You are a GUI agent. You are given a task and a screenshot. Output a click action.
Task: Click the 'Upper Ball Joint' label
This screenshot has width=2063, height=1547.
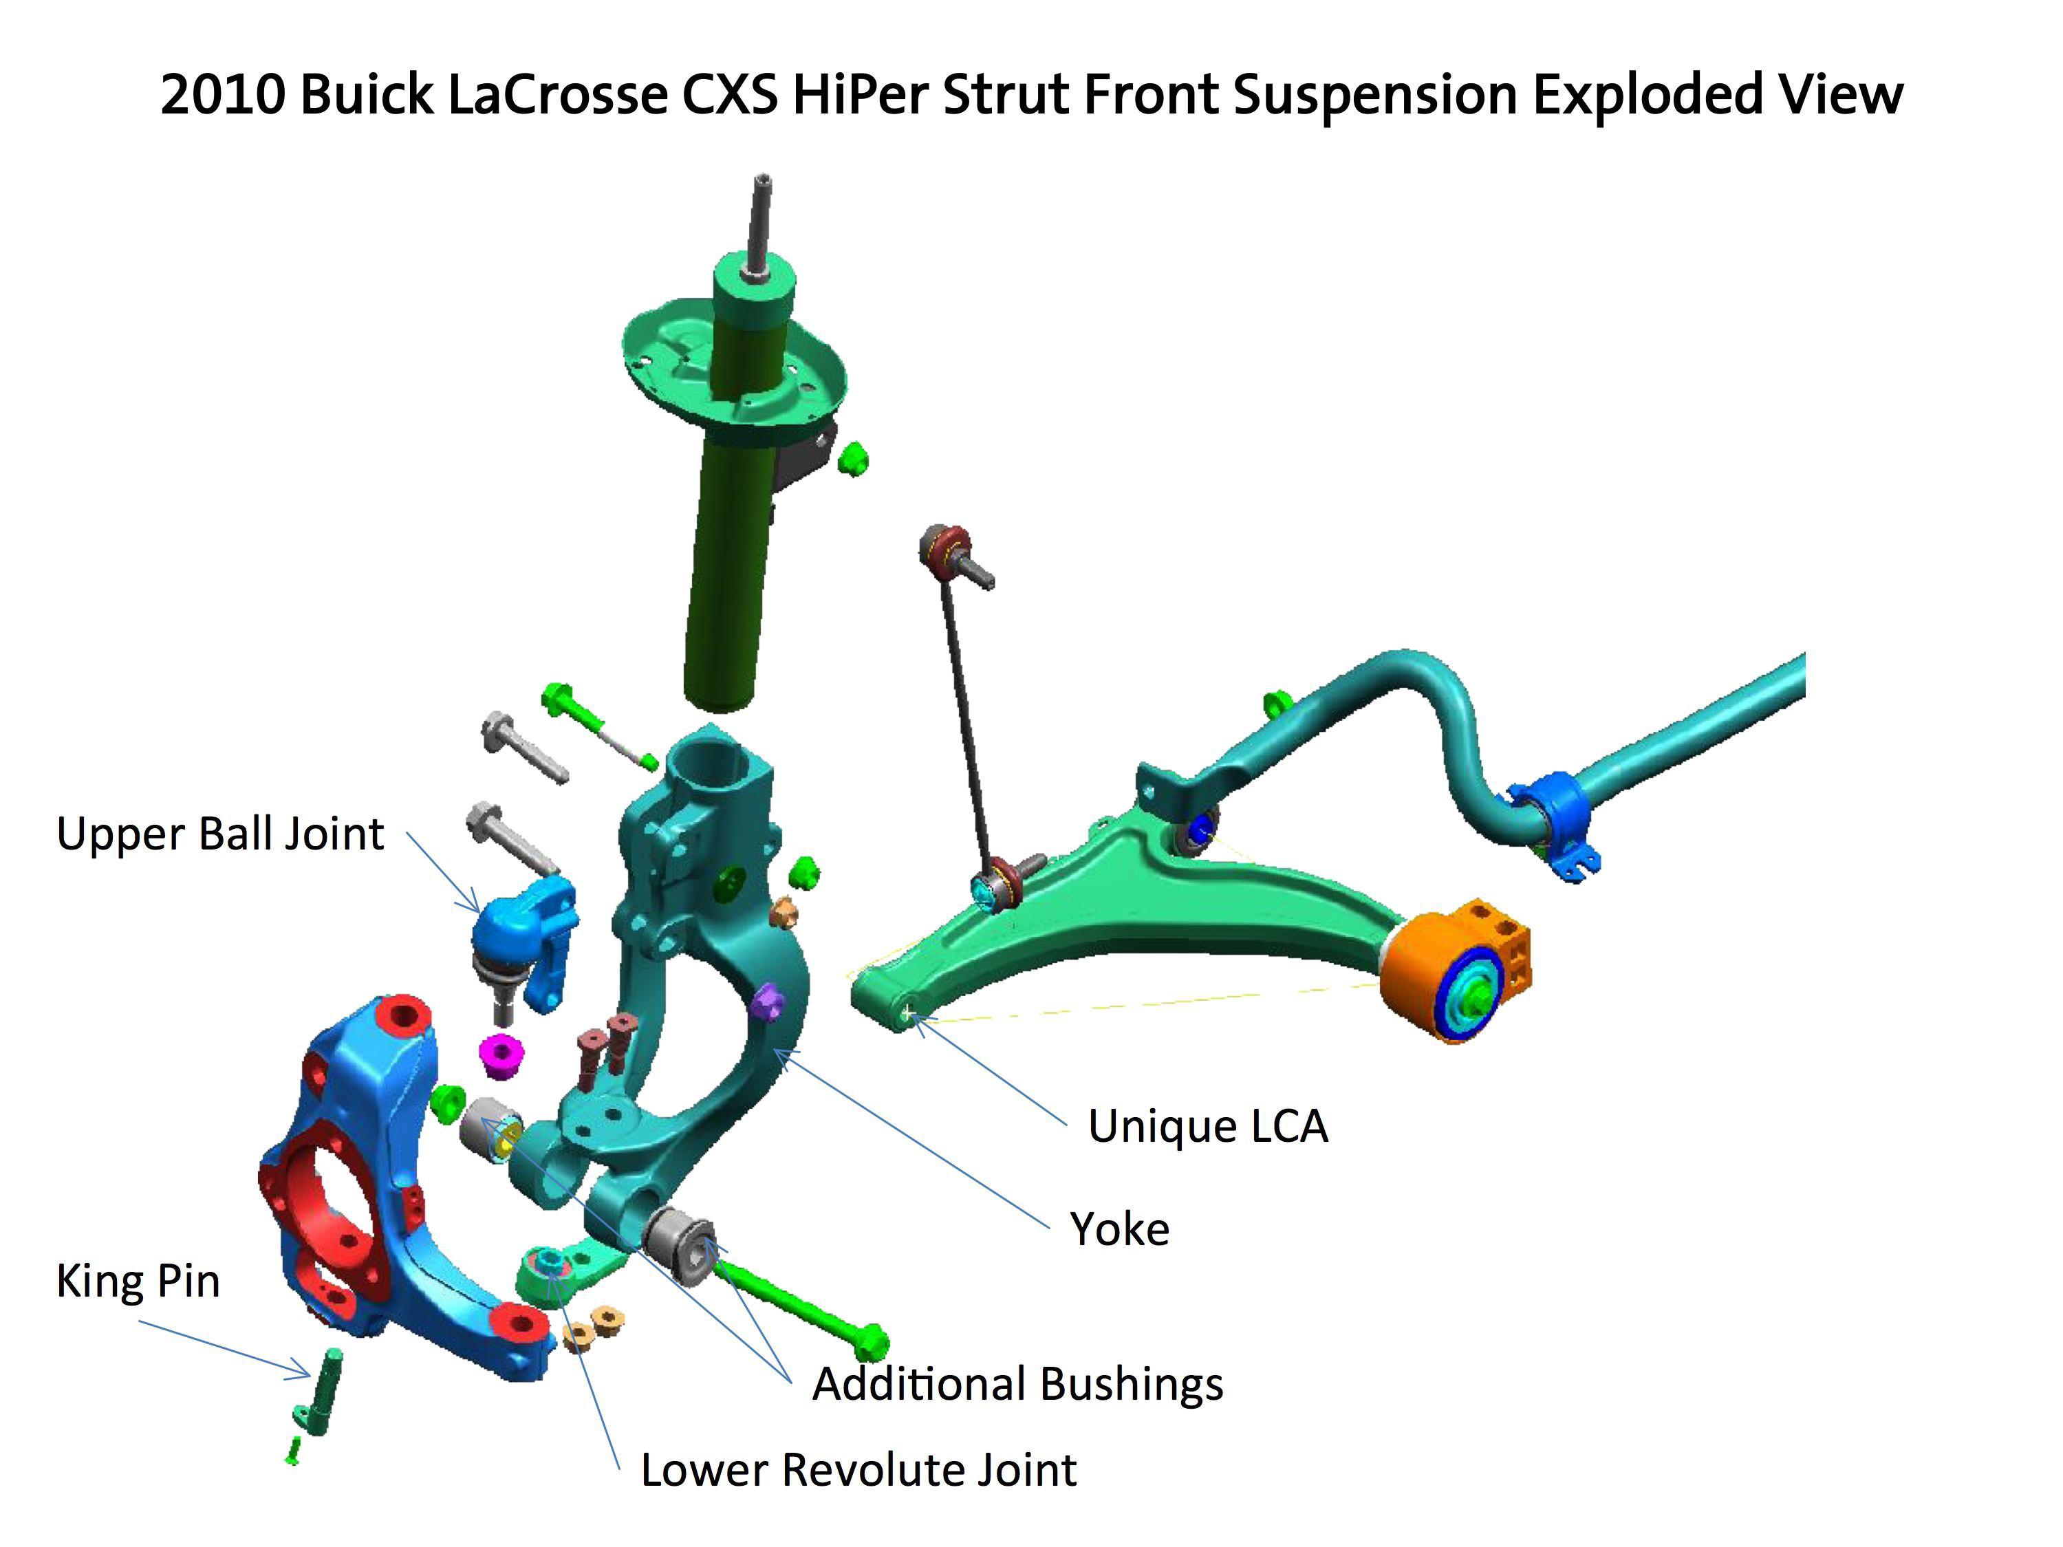point(220,834)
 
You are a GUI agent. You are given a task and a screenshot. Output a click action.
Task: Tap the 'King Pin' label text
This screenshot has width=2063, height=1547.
point(138,1280)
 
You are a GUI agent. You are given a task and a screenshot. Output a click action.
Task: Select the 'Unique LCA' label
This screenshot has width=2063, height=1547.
point(1207,1125)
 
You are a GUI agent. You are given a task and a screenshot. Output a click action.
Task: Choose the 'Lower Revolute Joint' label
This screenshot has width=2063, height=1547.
point(858,1469)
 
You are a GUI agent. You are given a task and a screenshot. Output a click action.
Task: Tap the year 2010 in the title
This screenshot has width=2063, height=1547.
point(222,95)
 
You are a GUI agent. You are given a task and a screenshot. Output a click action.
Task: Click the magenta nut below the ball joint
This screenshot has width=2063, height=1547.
point(501,1056)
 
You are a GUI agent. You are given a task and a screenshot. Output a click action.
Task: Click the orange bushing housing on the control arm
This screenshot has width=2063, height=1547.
point(1457,972)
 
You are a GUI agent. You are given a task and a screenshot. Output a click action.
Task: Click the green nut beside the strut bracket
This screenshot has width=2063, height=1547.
point(852,459)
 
